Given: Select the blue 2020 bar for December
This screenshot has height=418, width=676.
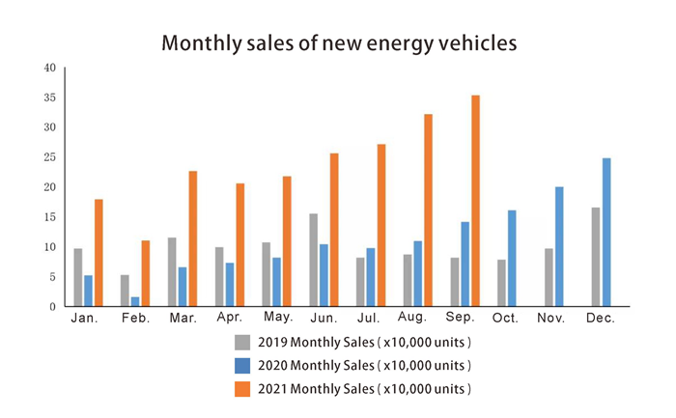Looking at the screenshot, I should pyautogui.click(x=606, y=233).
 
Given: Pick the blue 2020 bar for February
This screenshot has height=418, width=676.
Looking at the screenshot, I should pyautogui.click(x=135, y=301).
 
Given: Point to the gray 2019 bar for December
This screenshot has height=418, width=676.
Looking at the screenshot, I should pyautogui.click(x=595, y=257).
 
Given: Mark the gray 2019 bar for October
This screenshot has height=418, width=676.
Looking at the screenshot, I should pyautogui.click(x=501, y=283).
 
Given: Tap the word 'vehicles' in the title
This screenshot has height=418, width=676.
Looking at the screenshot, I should pyautogui.click(x=472, y=43).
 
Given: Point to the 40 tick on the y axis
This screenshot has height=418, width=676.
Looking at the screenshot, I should pyautogui.click(x=49, y=68).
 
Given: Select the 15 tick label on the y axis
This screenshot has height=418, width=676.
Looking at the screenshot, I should pyautogui.click(x=49, y=217).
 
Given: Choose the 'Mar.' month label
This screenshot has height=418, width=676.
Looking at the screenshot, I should pyautogui.click(x=181, y=318).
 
